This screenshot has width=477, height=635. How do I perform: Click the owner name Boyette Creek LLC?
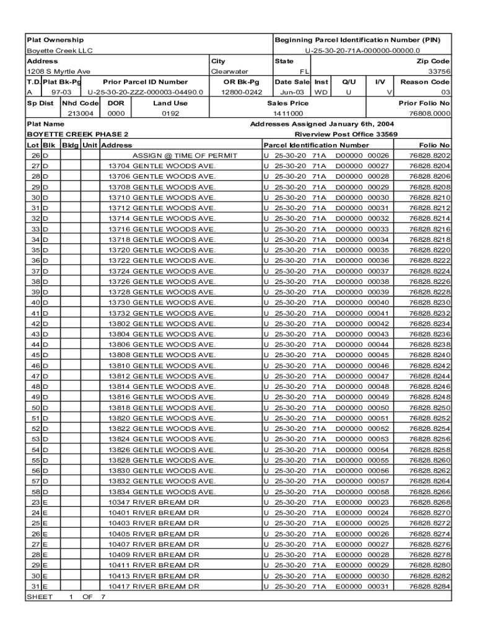click(59, 51)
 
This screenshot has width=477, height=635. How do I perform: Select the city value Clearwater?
click(230, 71)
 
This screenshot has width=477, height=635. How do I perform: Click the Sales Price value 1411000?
click(288, 114)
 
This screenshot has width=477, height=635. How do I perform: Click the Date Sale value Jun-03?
click(289, 92)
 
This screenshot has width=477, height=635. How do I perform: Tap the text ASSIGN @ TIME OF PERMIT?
click(185, 156)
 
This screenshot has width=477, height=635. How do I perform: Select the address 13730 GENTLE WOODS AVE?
click(162, 303)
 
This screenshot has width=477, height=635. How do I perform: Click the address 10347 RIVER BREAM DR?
click(154, 502)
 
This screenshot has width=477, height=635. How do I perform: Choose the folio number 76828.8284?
click(430, 587)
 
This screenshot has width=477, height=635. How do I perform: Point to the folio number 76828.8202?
click(430, 156)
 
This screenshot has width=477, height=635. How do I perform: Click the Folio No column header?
click(435, 145)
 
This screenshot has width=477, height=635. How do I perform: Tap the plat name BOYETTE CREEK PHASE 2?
click(77, 135)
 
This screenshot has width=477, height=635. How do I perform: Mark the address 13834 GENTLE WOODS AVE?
click(162, 492)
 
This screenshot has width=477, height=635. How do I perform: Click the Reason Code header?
click(425, 82)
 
